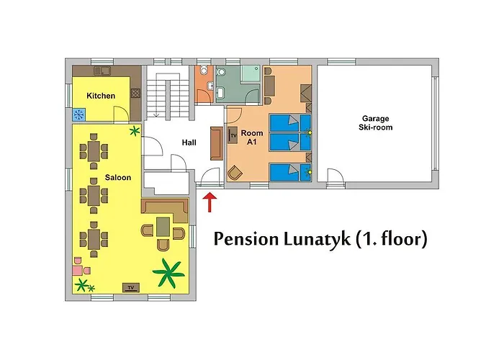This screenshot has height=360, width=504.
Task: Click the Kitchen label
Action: tap(101, 96)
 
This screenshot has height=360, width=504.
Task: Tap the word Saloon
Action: tap(117, 178)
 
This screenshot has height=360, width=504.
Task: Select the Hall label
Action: tap(189, 143)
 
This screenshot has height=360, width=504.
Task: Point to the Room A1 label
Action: tap(252, 138)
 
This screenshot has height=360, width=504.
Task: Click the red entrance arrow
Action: tap(210, 202)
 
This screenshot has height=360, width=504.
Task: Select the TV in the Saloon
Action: tap(130, 287)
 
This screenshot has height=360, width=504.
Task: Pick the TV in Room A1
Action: tap(233, 135)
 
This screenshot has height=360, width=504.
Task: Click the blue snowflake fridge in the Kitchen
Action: tap(80, 113)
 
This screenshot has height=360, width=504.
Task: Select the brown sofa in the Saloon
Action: tap(165, 208)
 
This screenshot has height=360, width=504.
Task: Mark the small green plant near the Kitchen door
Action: tap(134, 131)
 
